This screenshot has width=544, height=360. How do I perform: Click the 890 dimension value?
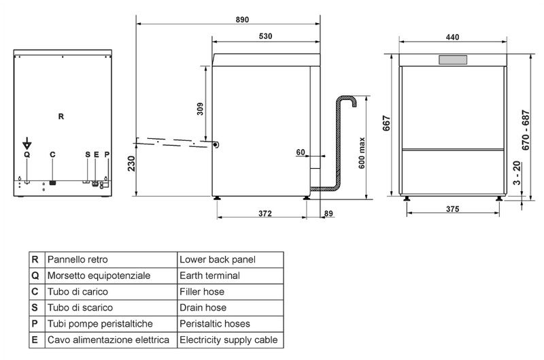tap(242, 20)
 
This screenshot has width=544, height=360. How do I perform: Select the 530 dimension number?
tap(265, 36)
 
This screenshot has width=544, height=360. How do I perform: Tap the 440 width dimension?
tap(452, 37)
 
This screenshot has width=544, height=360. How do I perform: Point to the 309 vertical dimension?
tap(200, 109)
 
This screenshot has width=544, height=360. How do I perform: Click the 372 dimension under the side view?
tap(265, 214)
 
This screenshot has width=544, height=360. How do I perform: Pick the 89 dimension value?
tap(328, 214)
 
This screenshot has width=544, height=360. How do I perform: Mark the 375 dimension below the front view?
tap(452, 209)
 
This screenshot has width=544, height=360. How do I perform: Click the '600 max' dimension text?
tap(362, 153)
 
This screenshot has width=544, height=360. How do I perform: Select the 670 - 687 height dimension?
tap(526, 130)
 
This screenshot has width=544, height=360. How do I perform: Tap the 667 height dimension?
tap(386, 123)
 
